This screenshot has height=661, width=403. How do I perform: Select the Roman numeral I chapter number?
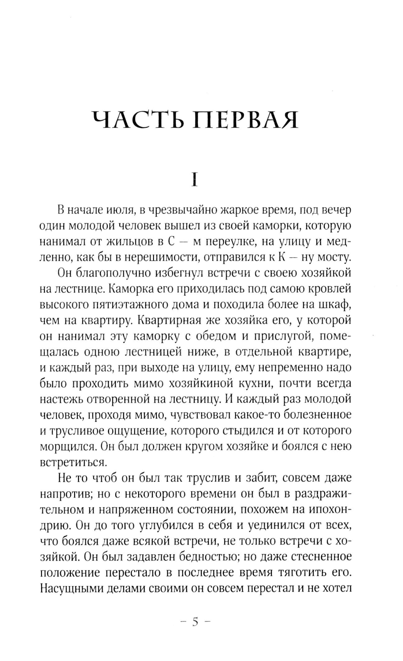pos(195,179)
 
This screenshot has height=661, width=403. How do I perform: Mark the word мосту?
pos(335,257)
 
